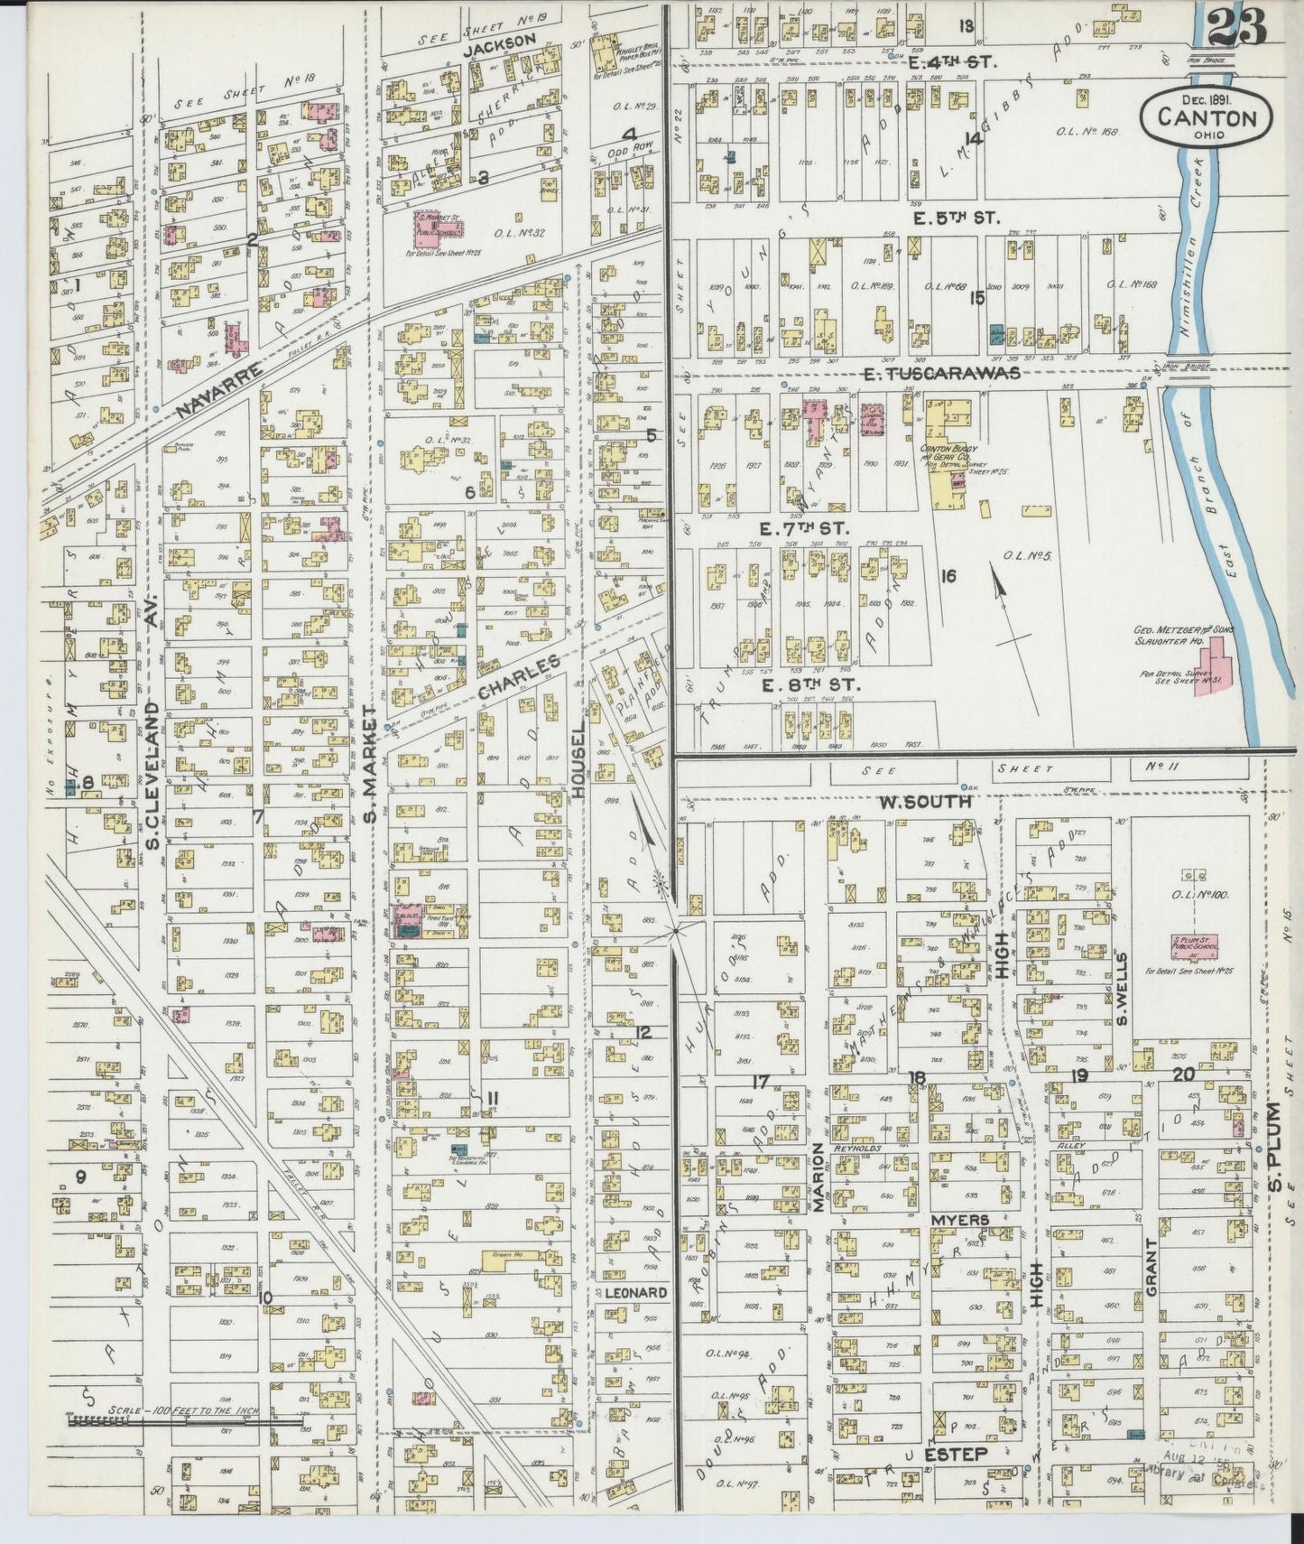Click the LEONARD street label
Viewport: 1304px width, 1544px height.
pyautogui.click(x=635, y=1292)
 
